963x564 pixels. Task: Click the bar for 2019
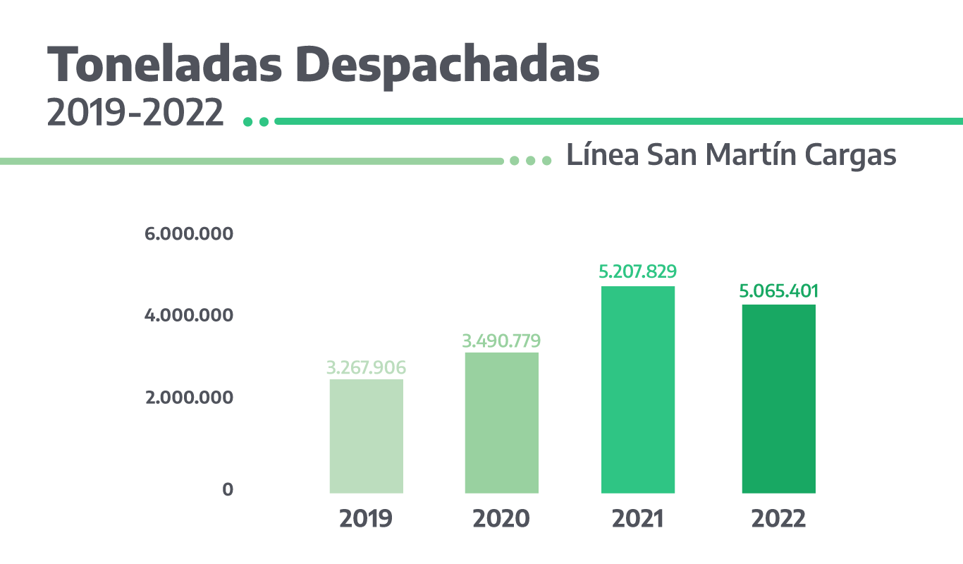[x=366, y=436]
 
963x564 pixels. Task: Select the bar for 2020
[x=501, y=422]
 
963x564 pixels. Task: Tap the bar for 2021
[x=637, y=389]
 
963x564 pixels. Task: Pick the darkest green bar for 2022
[x=778, y=398]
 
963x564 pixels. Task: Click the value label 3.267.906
[x=366, y=368]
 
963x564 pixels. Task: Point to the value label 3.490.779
[x=501, y=341]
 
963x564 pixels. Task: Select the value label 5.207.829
[x=638, y=271]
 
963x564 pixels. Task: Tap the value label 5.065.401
[x=779, y=291]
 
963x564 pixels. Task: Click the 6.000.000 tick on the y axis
[x=188, y=233]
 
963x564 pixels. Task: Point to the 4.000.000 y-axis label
[x=188, y=315]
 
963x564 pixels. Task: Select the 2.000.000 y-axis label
[x=188, y=398]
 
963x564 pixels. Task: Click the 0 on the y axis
[x=228, y=489]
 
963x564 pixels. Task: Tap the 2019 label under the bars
[x=366, y=519]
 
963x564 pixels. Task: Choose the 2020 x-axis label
[x=501, y=519]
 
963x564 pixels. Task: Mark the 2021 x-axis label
[x=638, y=519]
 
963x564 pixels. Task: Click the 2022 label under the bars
[x=779, y=519]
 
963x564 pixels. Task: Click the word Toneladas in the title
[x=169, y=65]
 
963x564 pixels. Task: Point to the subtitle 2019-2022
[x=135, y=114]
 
